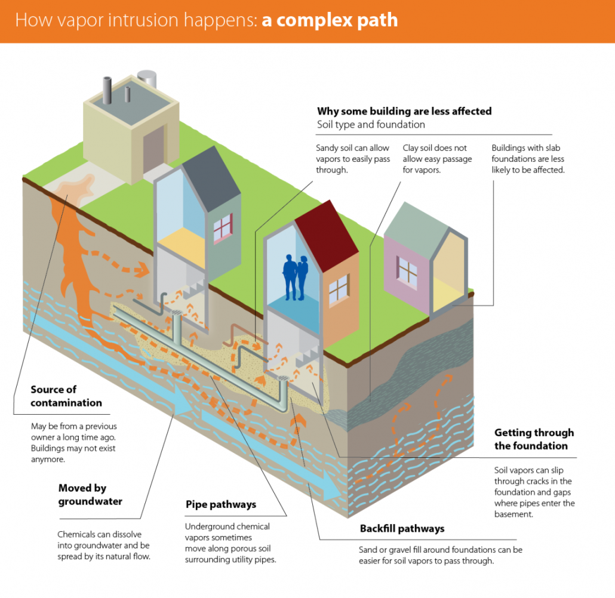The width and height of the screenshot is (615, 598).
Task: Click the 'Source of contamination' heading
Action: click(66, 396)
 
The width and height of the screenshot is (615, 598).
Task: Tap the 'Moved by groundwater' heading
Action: click(90, 495)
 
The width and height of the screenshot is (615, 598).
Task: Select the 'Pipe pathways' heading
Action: click(221, 504)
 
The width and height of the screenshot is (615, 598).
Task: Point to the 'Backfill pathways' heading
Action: click(402, 529)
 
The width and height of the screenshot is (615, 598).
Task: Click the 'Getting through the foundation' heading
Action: click(534, 439)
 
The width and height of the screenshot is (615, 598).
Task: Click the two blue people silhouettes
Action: click(296, 278)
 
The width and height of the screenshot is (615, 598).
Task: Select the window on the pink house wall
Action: click(407, 270)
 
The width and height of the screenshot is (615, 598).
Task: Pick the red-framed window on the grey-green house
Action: click(223, 228)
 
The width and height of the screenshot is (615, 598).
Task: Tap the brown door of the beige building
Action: click(154, 149)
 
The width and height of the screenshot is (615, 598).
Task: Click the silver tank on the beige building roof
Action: click(148, 78)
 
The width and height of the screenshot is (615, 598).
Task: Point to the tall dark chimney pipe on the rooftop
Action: click(107, 90)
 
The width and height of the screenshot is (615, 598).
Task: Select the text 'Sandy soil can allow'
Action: click(352, 148)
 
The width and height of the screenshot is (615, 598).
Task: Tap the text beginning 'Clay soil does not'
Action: click(435, 148)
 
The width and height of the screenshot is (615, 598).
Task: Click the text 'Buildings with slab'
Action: click(525, 148)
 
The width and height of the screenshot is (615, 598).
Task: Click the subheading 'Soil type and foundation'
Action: click(371, 125)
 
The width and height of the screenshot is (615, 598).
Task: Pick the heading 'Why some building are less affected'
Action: click(404, 112)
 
